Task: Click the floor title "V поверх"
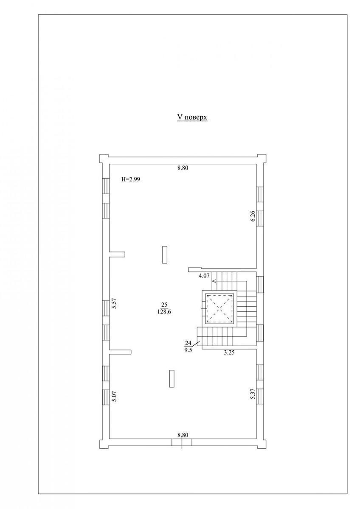192,117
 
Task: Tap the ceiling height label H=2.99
131,179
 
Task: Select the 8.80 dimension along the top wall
183,168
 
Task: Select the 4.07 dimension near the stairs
204,276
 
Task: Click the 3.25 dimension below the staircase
229,352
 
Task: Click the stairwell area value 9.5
188,350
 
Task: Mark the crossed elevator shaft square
219,309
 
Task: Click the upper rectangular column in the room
165,255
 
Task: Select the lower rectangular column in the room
172,378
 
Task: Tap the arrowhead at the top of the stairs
213,281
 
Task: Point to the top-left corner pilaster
104,158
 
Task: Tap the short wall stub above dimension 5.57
117,254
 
